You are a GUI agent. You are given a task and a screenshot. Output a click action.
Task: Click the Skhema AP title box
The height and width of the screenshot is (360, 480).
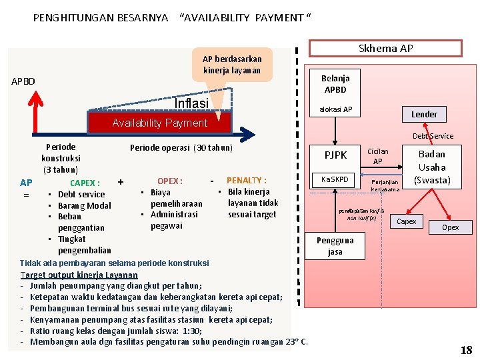pos(385,49)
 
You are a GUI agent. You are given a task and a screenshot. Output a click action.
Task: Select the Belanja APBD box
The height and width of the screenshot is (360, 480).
pos(335,84)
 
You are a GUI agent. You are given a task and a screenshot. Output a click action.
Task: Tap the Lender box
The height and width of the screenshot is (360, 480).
pos(424,114)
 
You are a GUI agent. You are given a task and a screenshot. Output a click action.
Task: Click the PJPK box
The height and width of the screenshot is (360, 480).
pos(335,155)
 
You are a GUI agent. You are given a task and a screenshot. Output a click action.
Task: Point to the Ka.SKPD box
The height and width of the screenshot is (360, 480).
pos(335,179)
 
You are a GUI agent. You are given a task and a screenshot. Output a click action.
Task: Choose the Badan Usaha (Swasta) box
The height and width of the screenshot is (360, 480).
pos(431,167)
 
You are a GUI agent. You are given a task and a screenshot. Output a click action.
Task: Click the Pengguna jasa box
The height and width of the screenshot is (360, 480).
pos(335,245)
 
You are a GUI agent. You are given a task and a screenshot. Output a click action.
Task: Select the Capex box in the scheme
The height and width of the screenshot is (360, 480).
pos(407,221)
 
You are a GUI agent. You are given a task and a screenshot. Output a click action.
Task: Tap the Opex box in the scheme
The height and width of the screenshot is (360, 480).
pos(450,228)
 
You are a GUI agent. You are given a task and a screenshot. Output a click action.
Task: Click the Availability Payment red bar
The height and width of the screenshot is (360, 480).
pos(159,123)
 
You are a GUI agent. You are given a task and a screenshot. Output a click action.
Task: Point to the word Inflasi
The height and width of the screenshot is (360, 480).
pos(191,103)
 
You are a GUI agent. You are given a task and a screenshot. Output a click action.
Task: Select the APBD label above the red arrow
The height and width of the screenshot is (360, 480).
pos(23,82)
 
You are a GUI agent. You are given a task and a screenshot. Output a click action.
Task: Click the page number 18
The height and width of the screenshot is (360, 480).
pos(466,350)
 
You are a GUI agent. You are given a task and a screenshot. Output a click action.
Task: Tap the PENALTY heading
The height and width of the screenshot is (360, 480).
pos(246,181)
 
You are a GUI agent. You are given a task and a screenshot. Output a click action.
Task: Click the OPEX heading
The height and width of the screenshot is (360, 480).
pos(169,181)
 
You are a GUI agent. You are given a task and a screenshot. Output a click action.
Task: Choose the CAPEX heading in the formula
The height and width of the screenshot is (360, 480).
pos(85,183)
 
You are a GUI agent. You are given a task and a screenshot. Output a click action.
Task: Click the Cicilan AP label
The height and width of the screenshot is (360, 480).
pos(377,156)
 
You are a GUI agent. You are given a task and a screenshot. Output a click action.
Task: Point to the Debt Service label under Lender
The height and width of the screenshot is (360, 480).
pos(433,136)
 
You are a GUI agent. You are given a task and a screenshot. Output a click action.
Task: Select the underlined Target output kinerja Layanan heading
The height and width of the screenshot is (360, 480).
pos(79,275)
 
